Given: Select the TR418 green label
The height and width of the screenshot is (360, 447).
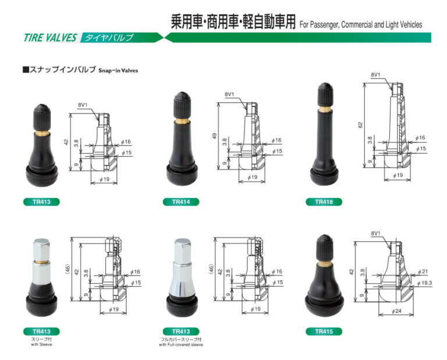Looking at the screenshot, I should [324, 202].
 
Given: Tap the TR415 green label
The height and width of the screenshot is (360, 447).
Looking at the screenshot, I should [324, 331].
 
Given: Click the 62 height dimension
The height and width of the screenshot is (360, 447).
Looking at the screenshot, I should [361, 125].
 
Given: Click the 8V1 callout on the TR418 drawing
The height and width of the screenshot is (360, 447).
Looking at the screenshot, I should [376, 75].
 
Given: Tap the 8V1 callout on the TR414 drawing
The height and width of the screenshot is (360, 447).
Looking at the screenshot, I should [229, 94].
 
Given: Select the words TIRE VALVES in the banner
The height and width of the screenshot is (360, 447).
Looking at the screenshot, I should [50, 38].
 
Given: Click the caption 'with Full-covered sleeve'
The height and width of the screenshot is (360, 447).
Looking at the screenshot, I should [181, 345].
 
